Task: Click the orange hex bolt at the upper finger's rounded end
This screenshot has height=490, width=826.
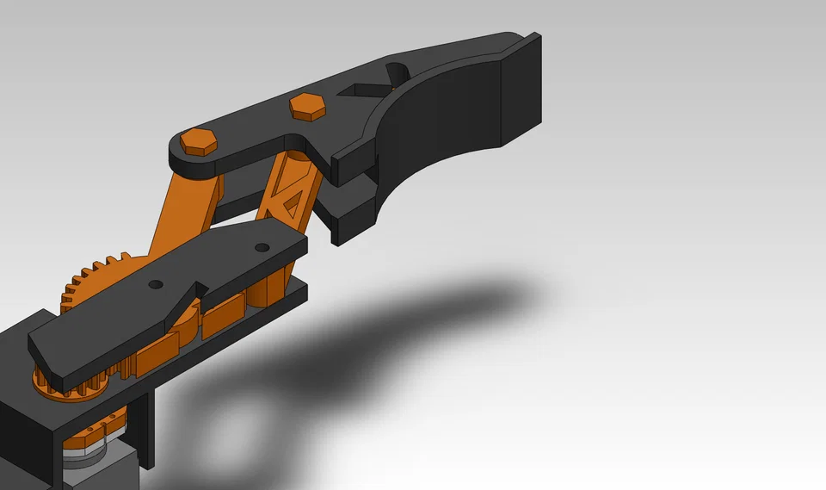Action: coord(200,141)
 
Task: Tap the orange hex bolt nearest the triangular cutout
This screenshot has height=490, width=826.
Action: coord(307,106)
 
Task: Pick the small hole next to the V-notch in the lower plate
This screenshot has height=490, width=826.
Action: coord(155,283)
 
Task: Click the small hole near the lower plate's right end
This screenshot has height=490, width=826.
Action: coord(262,248)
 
